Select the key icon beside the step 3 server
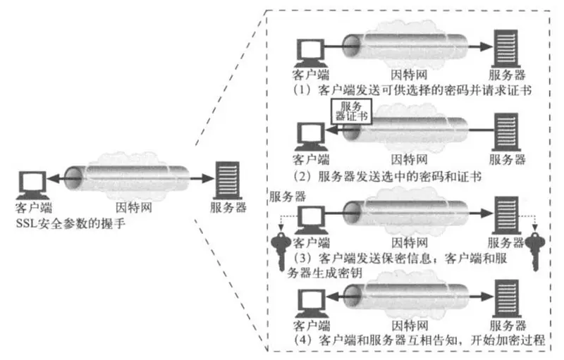[x=534, y=240]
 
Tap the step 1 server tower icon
[x=504, y=47]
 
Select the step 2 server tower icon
[x=504, y=132]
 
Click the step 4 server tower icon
[x=504, y=297]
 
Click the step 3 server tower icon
[x=504, y=213]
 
